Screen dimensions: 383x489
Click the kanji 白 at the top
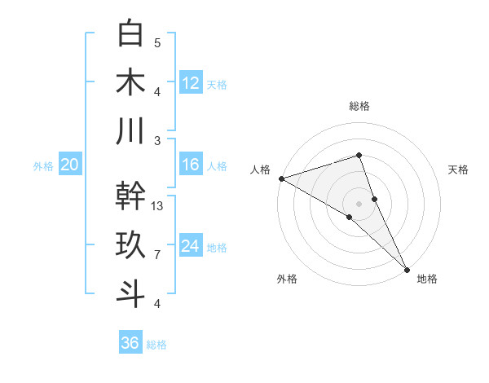pos(130,34)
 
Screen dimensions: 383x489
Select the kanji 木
pos(130,82)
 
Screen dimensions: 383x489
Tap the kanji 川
pos(130,130)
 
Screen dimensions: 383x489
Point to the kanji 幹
pos(130,196)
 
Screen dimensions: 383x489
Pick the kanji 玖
pos(130,245)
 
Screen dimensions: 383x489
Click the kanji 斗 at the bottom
pos(130,293)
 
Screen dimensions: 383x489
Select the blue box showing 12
pos(191,82)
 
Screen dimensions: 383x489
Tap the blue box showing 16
pos(191,165)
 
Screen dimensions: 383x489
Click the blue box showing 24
pos(191,246)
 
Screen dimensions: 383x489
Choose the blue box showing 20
pos(69,165)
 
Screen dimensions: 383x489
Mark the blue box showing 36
pos(130,343)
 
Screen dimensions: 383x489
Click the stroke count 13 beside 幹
pos(158,206)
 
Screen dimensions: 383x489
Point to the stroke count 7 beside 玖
pos(157,255)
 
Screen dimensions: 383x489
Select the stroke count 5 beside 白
pos(157,43)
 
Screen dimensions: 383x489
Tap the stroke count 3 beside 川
pos(157,140)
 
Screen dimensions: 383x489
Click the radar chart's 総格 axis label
pos(359,106)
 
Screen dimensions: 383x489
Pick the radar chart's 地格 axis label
pos(427,279)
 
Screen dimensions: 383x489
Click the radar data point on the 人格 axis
pos(281,178)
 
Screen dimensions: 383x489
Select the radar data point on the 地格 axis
pos(407,268)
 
